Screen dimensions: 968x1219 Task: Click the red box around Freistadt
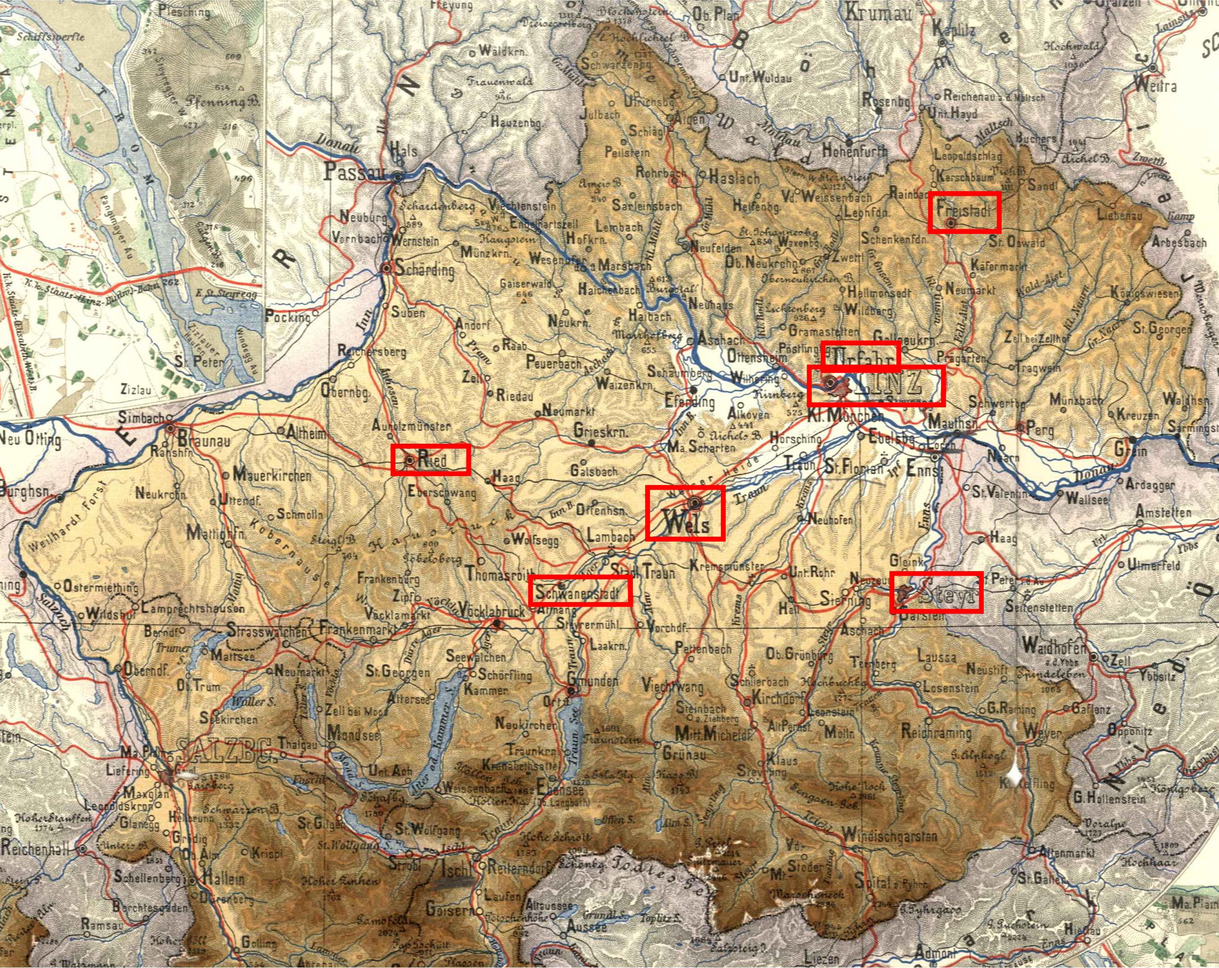[x=965, y=212]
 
